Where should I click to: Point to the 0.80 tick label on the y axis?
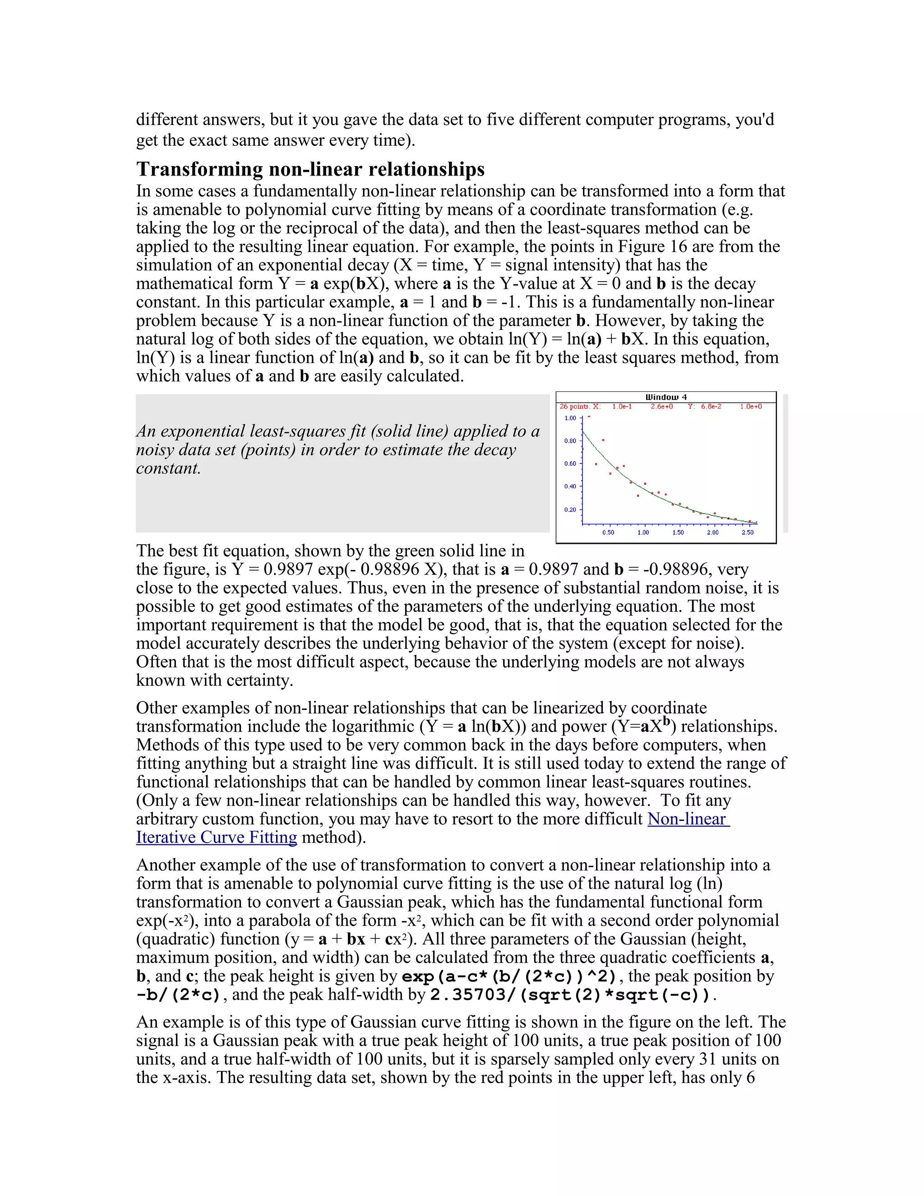[x=570, y=441]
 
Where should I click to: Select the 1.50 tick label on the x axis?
[x=678, y=532]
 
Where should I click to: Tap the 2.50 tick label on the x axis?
[x=747, y=532]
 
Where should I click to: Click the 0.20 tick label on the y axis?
[x=570, y=510]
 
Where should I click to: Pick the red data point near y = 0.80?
[x=603, y=440]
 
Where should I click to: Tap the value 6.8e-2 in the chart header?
[x=711, y=406]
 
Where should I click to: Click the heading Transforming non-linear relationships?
[x=310, y=169]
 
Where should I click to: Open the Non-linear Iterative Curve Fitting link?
[x=688, y=819]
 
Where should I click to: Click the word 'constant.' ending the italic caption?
[x=169, y=468]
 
